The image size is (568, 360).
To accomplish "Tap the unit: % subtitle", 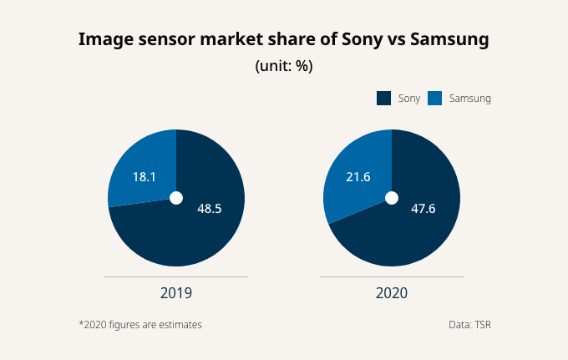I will point(283,66).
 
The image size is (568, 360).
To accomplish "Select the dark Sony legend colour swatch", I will point(384,99).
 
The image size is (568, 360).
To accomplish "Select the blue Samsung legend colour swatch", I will point(434,99).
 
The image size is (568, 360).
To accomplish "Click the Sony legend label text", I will point(409,99).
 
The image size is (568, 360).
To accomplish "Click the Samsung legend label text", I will point(470,99).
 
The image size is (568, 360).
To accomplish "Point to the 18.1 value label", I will point(144,177).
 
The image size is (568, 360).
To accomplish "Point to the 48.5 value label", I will point(209,208).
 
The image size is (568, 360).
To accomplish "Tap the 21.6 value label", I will point(358,176).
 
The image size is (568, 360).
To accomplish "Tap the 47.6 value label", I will point(423,208).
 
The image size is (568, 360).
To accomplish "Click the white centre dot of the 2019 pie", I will point(176,198).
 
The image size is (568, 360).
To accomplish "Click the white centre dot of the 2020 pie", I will point(391,198).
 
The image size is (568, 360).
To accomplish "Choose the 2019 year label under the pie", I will point(176,293).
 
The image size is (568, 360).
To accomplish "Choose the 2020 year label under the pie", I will point(392,293).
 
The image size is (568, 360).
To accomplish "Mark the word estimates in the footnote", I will point(180,324).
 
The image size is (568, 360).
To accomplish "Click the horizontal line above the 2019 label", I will point(176,276).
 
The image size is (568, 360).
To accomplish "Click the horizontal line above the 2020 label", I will point(392,276).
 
